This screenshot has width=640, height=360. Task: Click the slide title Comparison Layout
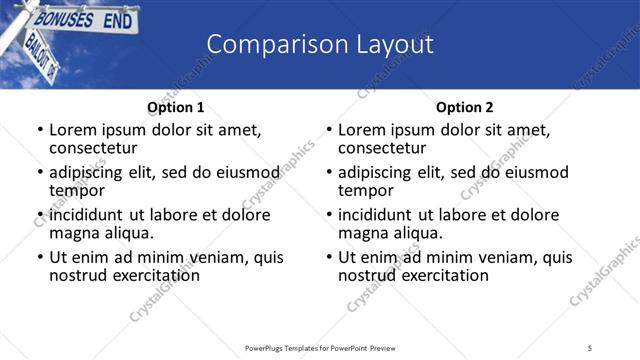pyautogui.click(x=320, y=44)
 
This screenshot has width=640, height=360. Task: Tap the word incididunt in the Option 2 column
pyautogui.click(x=379, y=215)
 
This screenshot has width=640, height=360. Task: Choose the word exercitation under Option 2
pyautogui.click(x=439, y=274)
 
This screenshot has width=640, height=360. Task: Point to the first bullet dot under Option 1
pyautogui.click(x=40, y=130)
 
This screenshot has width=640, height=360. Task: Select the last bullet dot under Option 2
pyautogui.click(x=329, y=257)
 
